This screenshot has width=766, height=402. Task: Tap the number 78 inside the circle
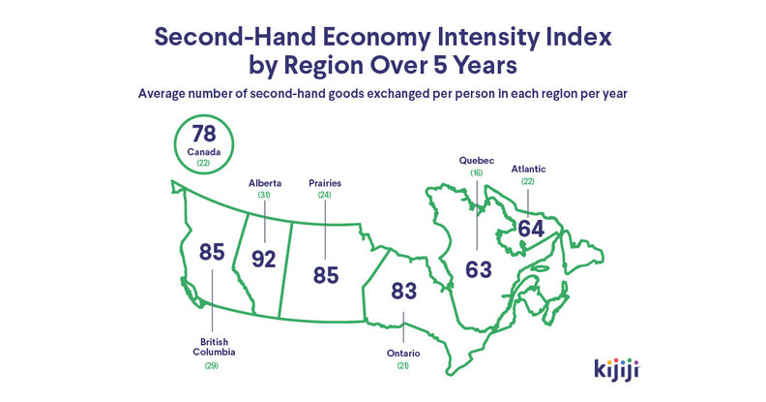203,134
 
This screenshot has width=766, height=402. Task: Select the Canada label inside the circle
203,152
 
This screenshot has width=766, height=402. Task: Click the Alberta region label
263,182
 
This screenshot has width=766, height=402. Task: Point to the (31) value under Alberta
263,195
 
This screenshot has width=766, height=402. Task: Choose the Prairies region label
324,182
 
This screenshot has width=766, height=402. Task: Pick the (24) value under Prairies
324,195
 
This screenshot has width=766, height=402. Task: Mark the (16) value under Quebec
476,171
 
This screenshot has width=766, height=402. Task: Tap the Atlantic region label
528,169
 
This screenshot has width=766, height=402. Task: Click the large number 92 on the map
263,259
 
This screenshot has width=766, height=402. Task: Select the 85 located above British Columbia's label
212,252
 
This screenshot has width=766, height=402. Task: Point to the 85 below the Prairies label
326,275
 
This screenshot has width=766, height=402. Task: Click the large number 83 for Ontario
404,290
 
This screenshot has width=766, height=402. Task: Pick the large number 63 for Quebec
478,268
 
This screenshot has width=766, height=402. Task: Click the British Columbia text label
212,347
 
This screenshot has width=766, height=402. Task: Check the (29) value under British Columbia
212,365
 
